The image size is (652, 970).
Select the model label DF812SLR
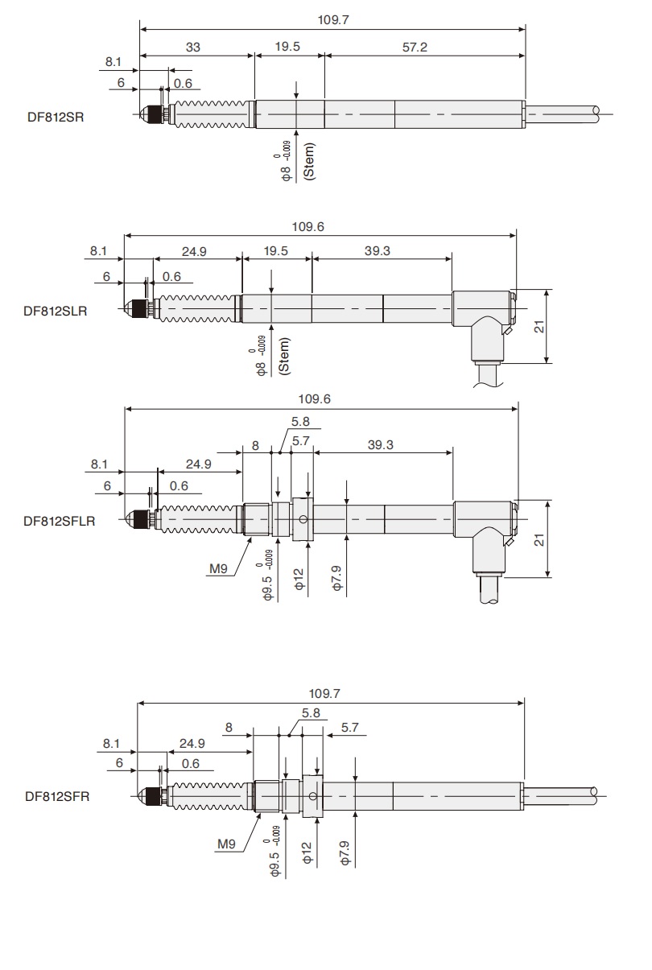[55, 309]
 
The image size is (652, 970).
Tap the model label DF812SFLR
[59, 521]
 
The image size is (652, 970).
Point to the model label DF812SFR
[56, 797]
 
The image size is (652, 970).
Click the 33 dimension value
[193, 47]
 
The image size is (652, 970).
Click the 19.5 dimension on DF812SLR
[276, 251]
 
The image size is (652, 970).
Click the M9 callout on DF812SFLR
[219, 570]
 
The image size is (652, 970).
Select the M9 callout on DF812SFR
[226, 844]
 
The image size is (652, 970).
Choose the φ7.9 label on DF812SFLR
[337, 578]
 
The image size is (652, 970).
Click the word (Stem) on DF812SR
[310, 161]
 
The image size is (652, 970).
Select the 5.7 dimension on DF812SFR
[349, 727]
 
